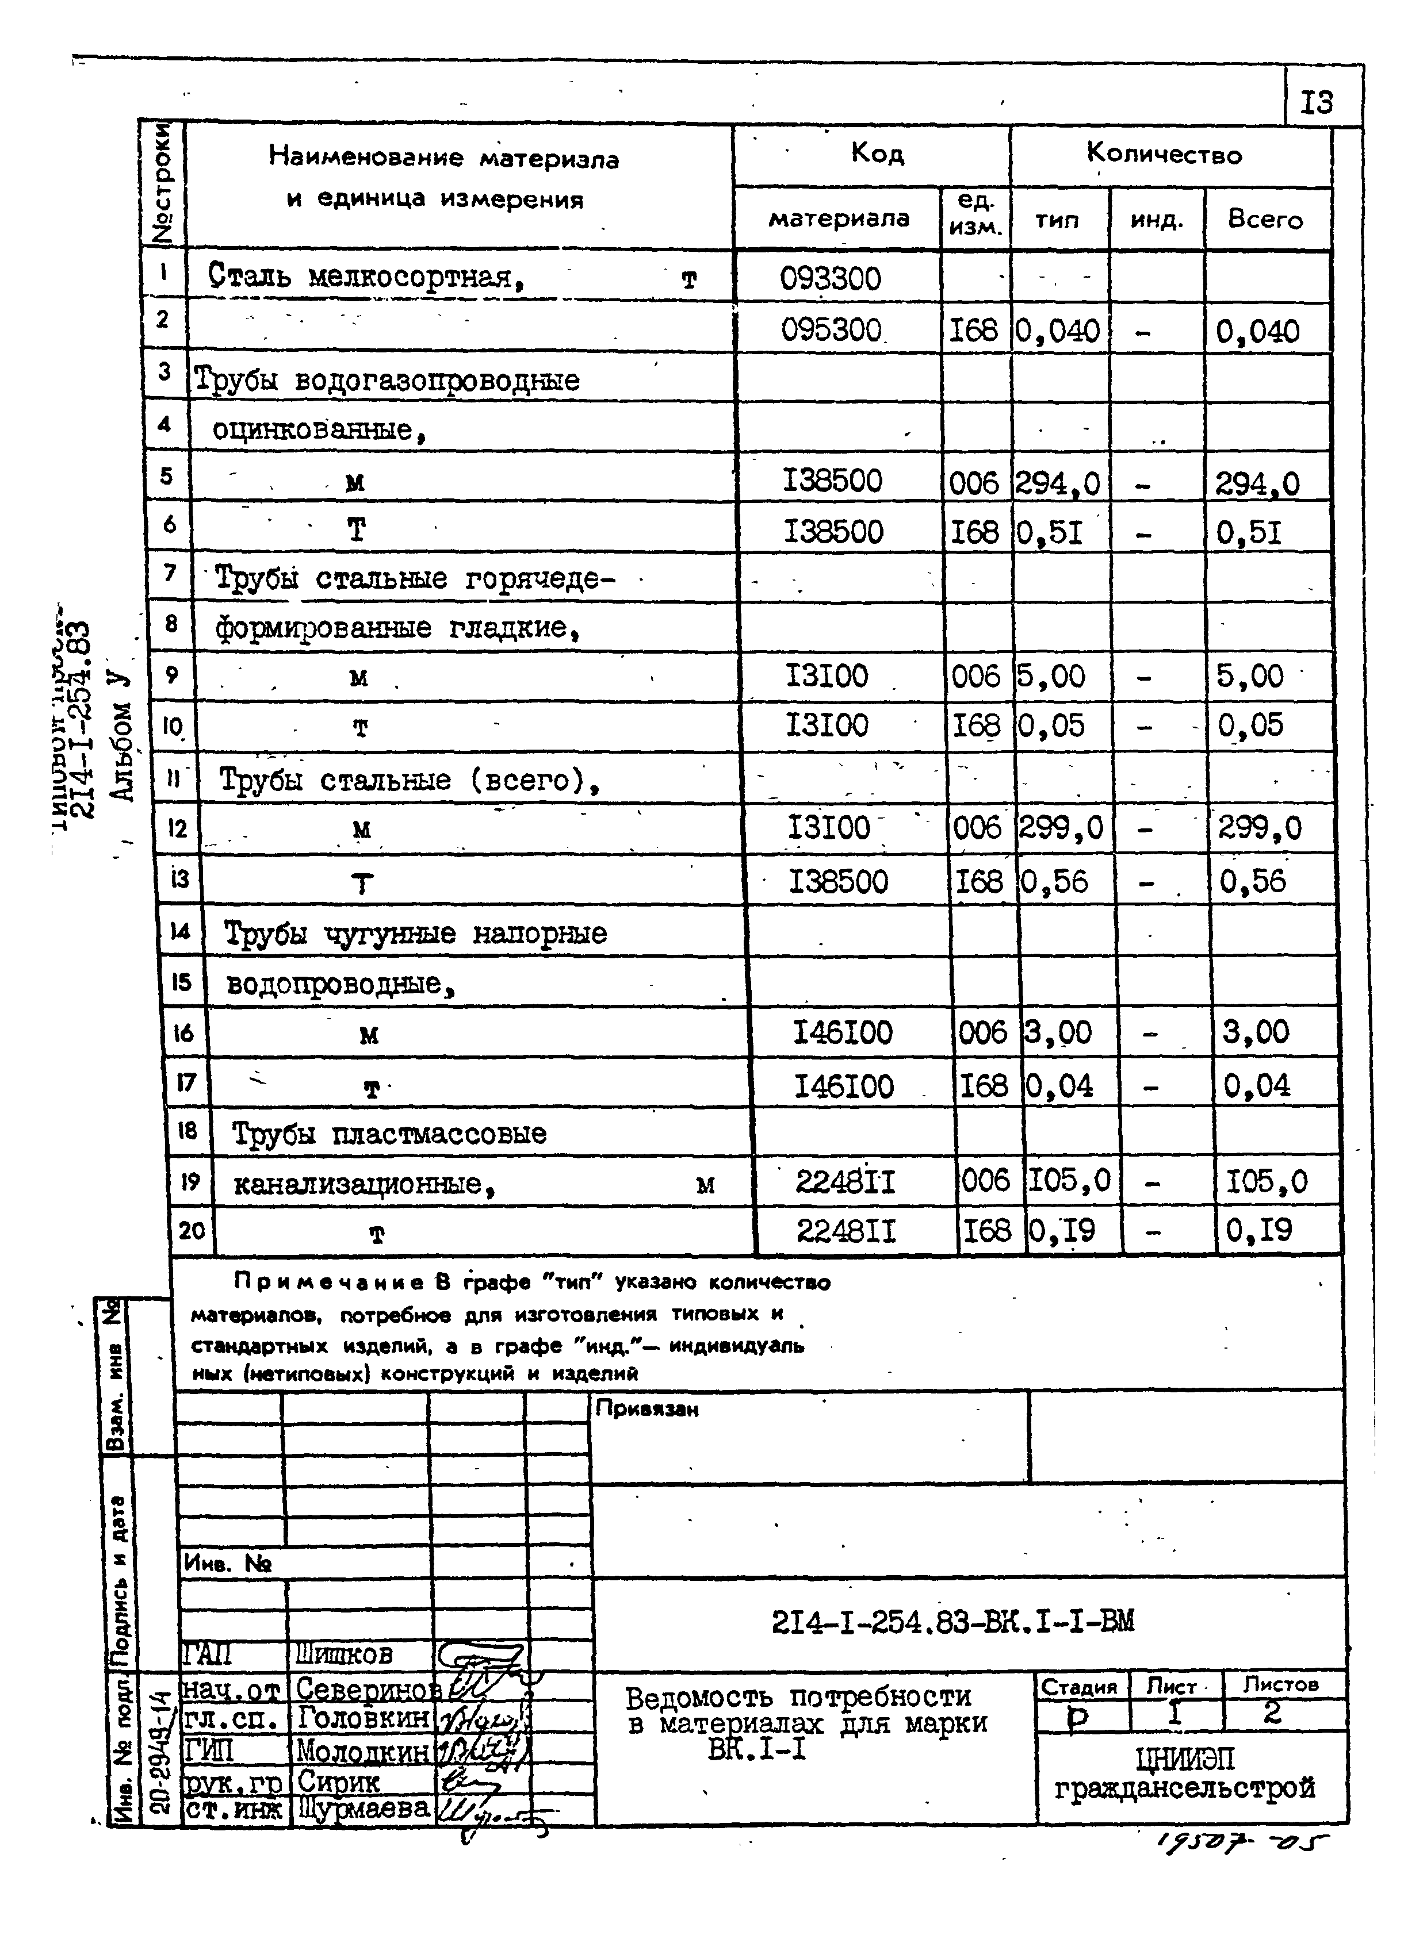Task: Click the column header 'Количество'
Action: point(1164,155)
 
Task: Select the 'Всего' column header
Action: point(1265,220)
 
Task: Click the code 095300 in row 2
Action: point(831,330)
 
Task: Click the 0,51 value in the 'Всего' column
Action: point(1249,533)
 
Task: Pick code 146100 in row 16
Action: point(842,1032)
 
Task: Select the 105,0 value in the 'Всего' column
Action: point(1267,1181)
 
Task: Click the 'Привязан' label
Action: point(646,1409)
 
